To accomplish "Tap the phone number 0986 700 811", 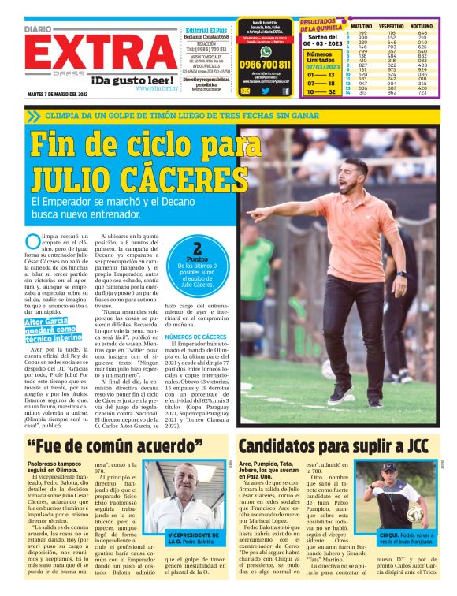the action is pyautogui.click(x=266, y=65).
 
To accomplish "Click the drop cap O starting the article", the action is pyautogui.click(x=32, y=241).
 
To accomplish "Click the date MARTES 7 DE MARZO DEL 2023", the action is pyautogui.click(x=58, y=95).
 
